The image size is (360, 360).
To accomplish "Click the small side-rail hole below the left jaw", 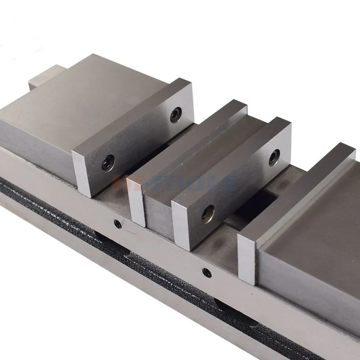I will (x=117, y=222).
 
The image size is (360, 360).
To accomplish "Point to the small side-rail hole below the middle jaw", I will (x=206, y=271).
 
